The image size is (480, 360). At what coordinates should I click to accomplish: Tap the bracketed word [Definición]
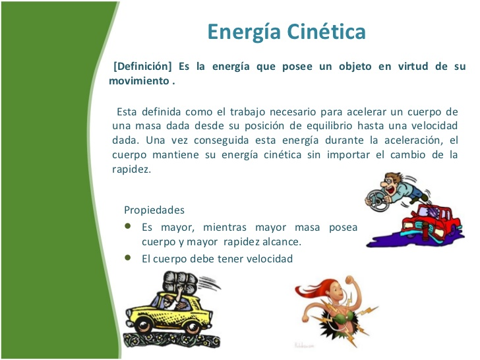coord(142,67)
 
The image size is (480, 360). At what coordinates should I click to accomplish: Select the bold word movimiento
coord(139,81)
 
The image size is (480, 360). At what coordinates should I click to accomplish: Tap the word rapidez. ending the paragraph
coord(132,169)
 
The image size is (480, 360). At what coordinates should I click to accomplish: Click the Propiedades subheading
coord(154,210)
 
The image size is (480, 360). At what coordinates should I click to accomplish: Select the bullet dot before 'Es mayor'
coord(128,226)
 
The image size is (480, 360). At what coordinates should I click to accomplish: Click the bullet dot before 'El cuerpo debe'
coord(128,258)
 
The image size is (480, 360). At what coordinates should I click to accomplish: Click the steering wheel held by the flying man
coord(377,200)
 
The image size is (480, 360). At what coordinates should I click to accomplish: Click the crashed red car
coord(432,222)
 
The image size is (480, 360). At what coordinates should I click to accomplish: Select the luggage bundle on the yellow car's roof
coord(180,281)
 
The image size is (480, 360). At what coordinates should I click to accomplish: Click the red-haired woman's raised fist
coord(349,281)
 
